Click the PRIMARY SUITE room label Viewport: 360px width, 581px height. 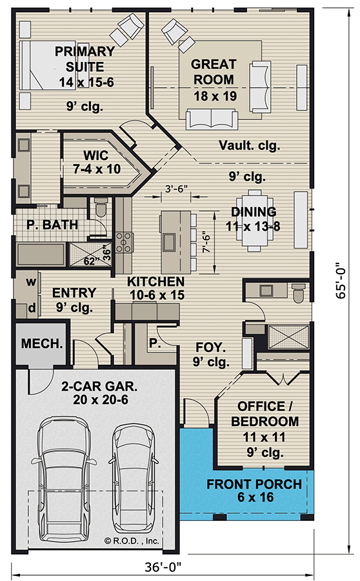85,59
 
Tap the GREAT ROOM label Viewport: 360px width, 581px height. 214,72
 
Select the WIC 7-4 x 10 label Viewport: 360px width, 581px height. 96,162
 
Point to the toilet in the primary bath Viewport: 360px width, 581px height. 101,207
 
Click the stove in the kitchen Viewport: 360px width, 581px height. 124,242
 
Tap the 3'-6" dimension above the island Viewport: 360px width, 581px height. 176,189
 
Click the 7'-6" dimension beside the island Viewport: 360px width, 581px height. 206,243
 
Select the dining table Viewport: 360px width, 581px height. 254,221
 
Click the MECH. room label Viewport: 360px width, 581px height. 42,343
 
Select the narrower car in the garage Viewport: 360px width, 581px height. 134,479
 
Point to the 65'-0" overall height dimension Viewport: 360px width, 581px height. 341,280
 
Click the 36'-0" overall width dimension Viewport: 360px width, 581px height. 163,567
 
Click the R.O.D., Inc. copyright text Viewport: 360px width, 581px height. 132,540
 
